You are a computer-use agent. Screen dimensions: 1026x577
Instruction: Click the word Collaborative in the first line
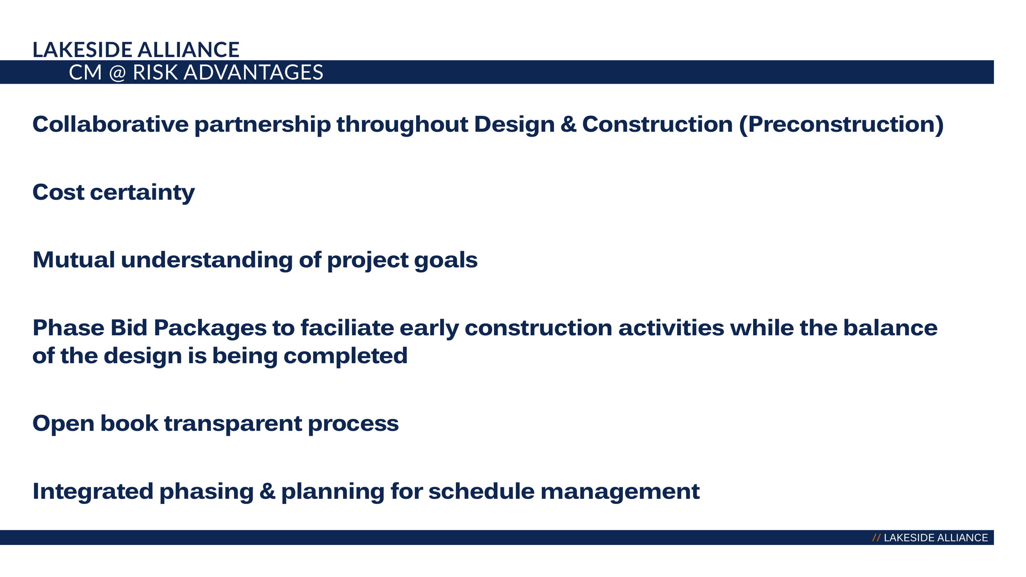[x=110, y=124]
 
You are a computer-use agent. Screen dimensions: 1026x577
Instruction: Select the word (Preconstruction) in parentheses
[x=841, y=125]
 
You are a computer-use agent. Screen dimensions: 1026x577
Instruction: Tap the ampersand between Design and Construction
[x=568, y=124]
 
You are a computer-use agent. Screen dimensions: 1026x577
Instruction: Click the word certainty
[x=142, y=193]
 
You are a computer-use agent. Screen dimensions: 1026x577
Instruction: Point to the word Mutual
[x=74, y=260]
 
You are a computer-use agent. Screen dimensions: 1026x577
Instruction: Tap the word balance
[x=890, y=328]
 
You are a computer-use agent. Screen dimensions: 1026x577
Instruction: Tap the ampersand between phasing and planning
[x=267, y=492]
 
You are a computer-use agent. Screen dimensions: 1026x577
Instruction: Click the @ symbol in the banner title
[x=117, y=73]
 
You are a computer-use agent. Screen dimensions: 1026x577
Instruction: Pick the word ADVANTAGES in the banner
[x=253, y=72]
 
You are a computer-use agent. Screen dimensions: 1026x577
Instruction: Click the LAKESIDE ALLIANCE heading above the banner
[x=136, y=50]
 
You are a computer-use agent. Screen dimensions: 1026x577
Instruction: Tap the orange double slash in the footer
[x=876, y=538]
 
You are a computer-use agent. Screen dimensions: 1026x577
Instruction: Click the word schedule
[x=481, y=492]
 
